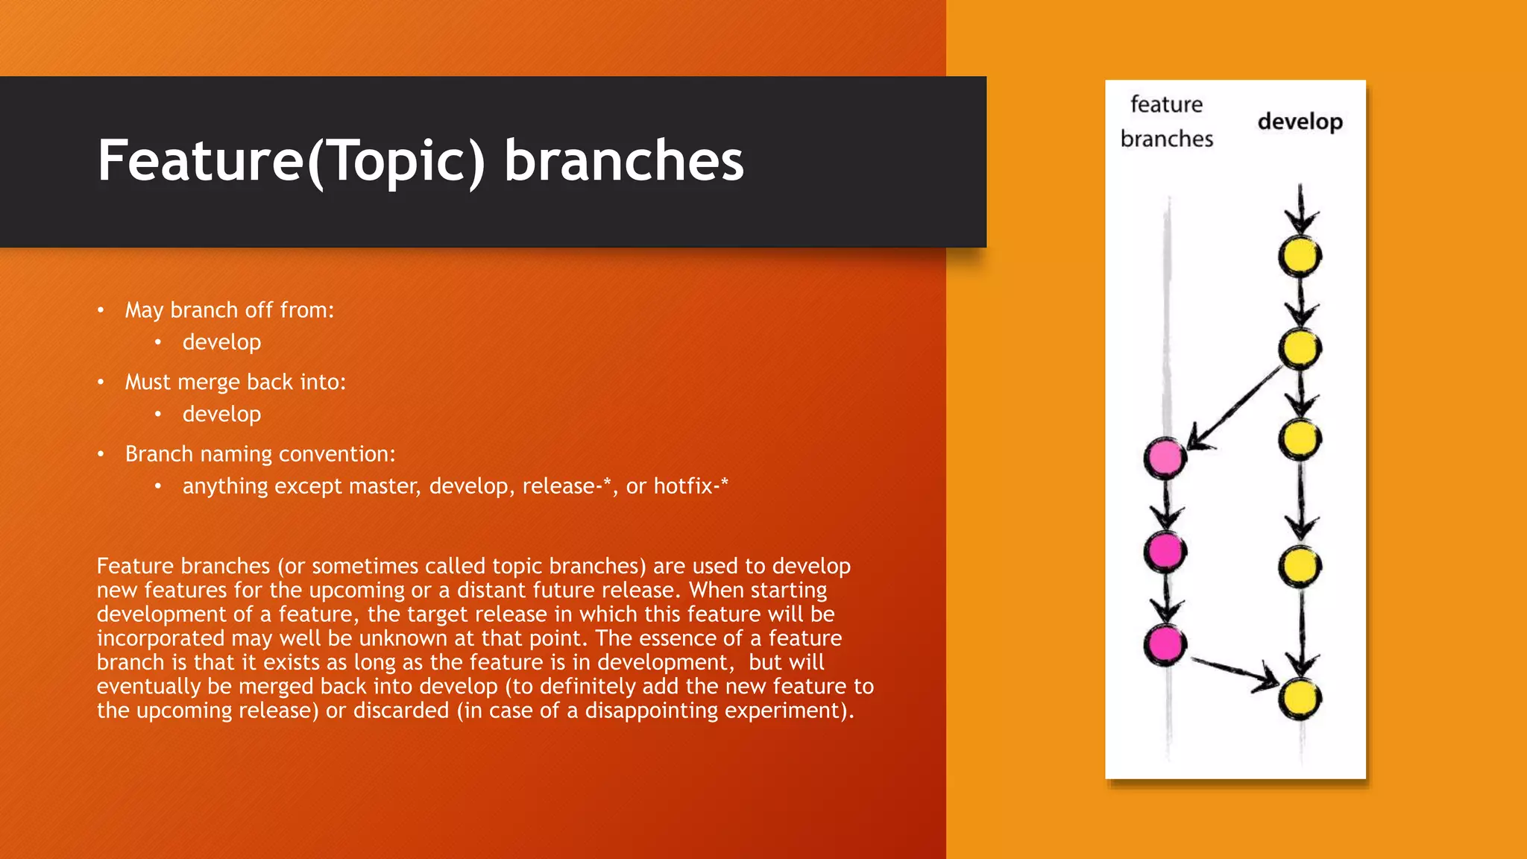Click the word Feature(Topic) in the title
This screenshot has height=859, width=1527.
tap(291, 160)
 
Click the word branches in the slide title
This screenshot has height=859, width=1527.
tap(623, 160)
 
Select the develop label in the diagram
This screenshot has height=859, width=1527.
tap(1300, 122)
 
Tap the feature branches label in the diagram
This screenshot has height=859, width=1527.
tap(1166, 122)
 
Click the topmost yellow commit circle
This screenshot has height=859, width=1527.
tap(1300, 257)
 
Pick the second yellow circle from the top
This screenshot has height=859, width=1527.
tap(1300, 347)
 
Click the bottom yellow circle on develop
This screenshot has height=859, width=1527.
tap(1300, 699)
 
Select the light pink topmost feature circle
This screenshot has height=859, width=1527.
tap(1165, 458)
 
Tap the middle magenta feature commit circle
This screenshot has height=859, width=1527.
tap(1165, 551)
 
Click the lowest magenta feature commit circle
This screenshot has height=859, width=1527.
tap(1165, 644)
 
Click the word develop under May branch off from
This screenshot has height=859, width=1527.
tap(221, 342)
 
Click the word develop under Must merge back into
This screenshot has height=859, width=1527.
tap(221, 414)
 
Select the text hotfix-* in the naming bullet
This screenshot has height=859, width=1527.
tap(690, 486)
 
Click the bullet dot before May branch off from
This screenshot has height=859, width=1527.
tap(101, 310)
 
